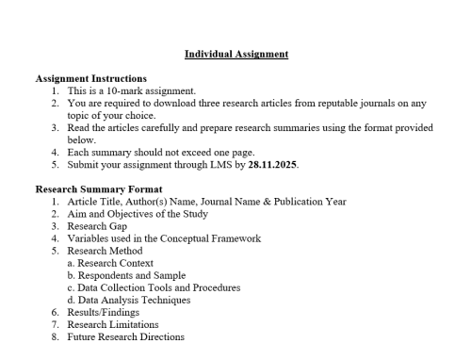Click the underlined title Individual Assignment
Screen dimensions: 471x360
235,54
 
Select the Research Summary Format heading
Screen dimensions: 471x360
95,188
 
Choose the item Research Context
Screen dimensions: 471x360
108,263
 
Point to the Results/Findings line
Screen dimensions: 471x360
99,312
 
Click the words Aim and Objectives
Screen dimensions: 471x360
106,213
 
